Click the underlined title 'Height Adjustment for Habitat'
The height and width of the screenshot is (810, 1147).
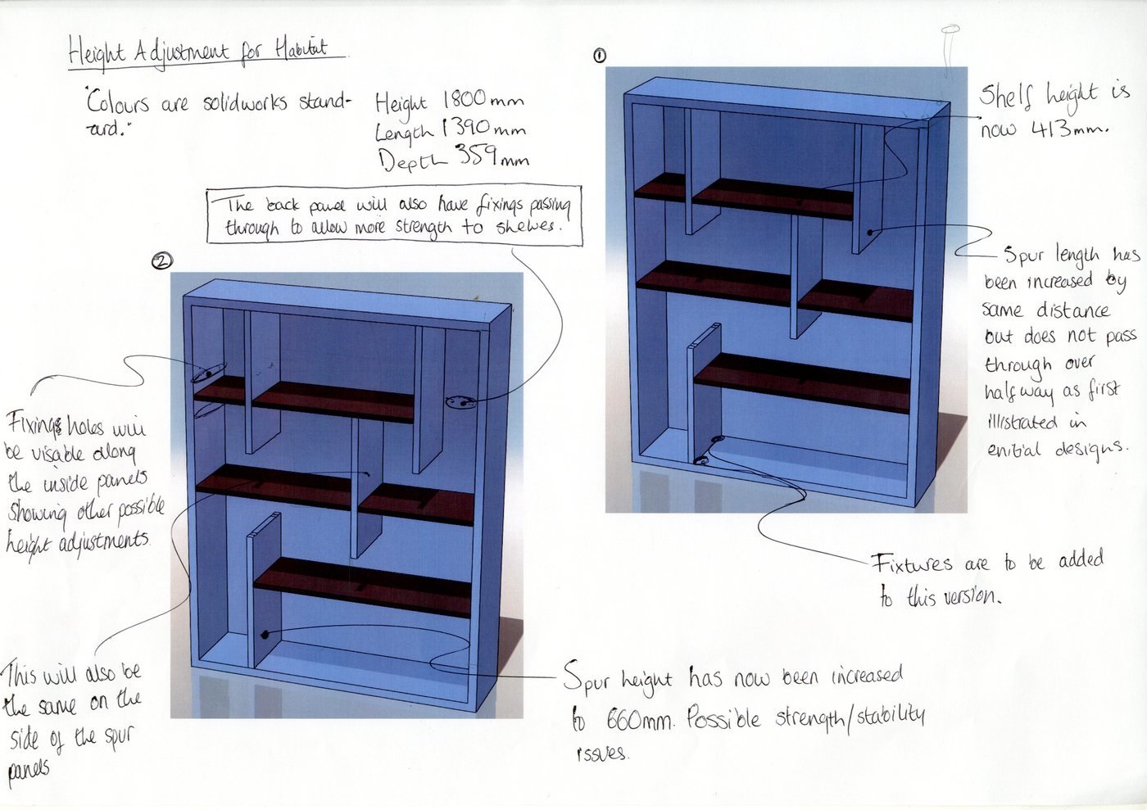[x=198, y=51]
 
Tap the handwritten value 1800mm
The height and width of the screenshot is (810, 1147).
[x=483, y=101]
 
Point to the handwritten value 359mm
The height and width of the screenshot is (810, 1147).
[x=492, y=156]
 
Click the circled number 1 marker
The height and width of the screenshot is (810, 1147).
[x=600, y=55]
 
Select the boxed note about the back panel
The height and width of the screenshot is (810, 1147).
[x=395, y=217]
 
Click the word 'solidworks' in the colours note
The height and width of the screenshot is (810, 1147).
[x=246, y=103]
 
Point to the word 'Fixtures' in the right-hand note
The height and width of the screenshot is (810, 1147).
[x=911, y=563]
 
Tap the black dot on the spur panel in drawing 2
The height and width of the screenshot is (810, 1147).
[x=265, y=635]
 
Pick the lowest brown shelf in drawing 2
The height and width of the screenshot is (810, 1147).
[x=362, y=586]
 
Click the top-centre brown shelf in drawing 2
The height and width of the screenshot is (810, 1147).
[x=333, y=400]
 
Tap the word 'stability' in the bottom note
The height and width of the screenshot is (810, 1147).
[x=891, y=717]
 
